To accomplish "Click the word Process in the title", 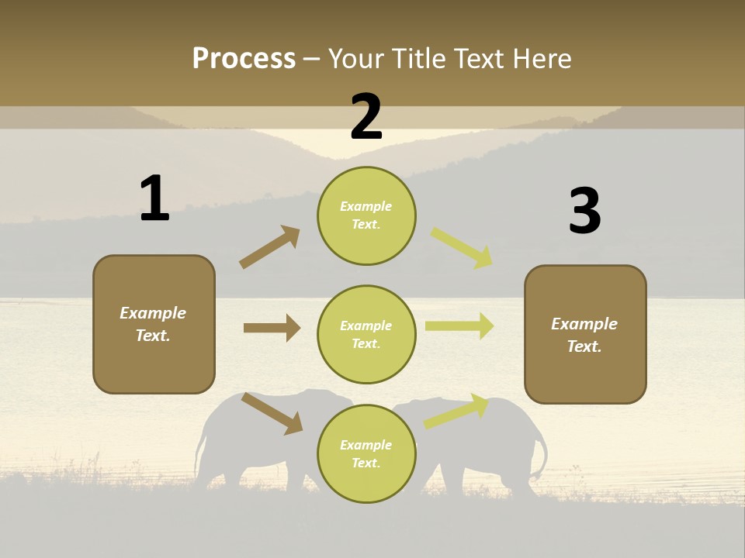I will [x=244, y=58].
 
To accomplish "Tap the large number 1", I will [x=154, y=198].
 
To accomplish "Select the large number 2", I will [x=366, y=117].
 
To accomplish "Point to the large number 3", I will [x=584, y=211].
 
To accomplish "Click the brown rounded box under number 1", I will [x=154, y=324].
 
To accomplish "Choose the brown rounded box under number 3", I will [x=585, y=334].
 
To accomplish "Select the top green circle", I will [x=366, y=215].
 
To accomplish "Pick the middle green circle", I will [x=366, y=334].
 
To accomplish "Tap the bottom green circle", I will [x=366, y=453].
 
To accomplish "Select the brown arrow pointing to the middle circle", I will [x=272, y=328].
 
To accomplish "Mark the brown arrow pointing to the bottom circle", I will [x=272, y=413].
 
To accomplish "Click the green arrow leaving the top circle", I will [x=463, y=248].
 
